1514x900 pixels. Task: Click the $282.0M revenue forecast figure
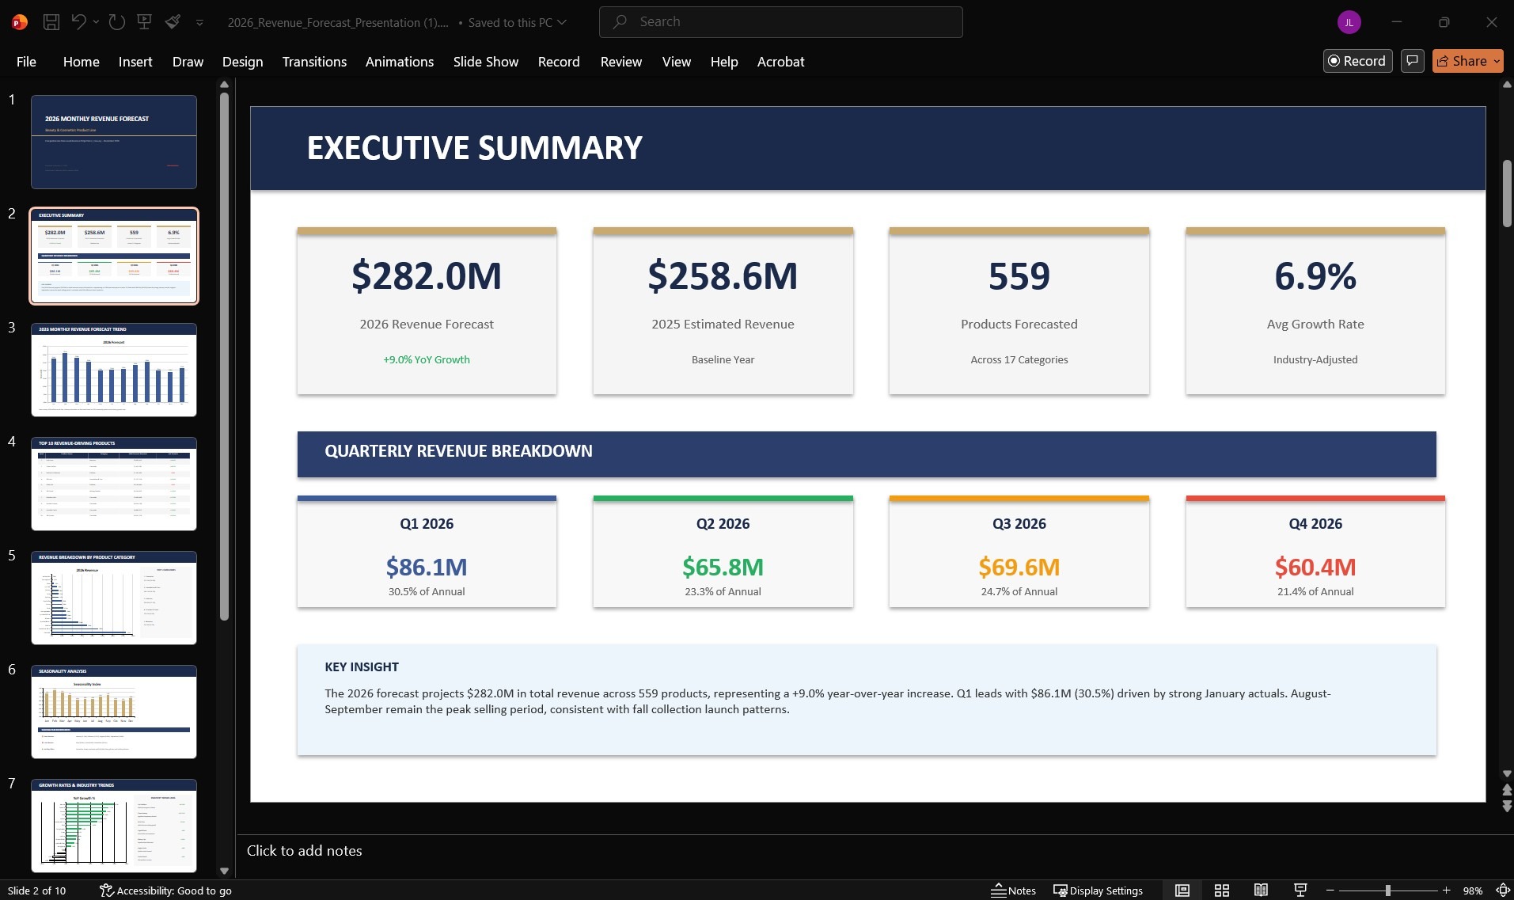click(x=427, y=276)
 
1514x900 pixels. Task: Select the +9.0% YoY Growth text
click(x=427, y=359)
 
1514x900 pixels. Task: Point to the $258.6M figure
click(x=723, y=276)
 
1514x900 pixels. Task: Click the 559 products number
click(x=1019, y=276)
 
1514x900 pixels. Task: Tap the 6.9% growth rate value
click(x=1315, y=276)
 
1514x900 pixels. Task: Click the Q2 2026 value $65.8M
click(x=723, y=567)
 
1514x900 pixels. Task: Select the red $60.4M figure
click(x=1315, y=567)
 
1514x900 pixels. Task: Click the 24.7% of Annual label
click(x=1019, y=591)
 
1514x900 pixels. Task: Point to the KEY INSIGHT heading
click(x=362, y=666)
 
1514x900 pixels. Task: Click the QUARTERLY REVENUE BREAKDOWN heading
click(x=458, y=451)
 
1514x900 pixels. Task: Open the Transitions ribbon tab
click(x=314, y=62)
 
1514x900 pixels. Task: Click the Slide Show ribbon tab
click(x=485, y=62)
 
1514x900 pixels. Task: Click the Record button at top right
click(x=1357, y=61)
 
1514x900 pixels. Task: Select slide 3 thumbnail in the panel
click(x=114, y=370)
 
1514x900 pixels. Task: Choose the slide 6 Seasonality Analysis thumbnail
click(x=114, y=712)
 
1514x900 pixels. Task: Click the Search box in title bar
click(x=780, y=22)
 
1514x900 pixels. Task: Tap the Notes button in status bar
click(x=1013, y=891)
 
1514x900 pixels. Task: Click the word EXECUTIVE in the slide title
click(x=388, y=148)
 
